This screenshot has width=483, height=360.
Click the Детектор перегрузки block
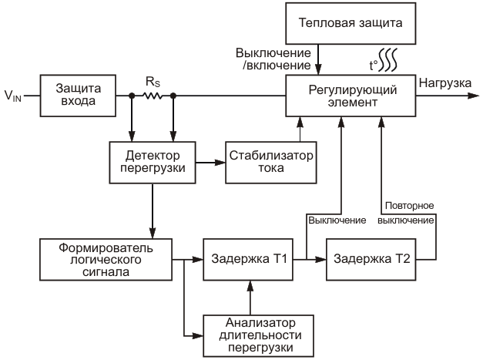coord(151,162)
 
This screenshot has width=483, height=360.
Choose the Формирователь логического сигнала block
coord(106,261)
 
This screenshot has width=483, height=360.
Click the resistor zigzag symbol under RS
coord(153,97)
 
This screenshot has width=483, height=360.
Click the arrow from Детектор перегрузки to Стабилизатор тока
coord(210,162)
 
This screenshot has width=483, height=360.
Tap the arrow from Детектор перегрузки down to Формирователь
coord(151,211)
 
